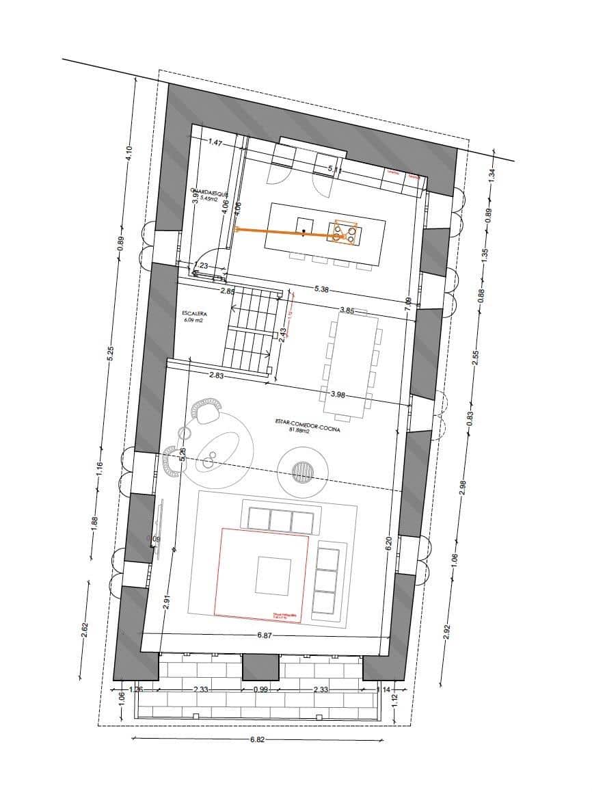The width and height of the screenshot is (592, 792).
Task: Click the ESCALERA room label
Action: (x=194, y=316)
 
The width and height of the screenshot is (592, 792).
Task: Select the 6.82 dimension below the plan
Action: (x=257, y=740)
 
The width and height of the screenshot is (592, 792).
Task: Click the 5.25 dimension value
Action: (x=111, y=353)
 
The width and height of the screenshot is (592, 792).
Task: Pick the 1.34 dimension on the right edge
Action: (x=490, y=174)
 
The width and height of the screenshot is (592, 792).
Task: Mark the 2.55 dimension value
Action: (x=476, y=358)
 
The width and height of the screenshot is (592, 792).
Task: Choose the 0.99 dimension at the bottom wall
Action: (x=261, y=689)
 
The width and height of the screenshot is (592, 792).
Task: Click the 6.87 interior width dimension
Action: (x=265, y=635)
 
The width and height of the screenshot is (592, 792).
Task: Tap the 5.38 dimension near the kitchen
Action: (x=322, y=289)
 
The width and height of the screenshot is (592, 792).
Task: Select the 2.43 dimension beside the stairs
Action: (x=283, y=333)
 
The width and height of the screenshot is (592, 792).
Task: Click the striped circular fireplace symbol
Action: (x=303, y=471)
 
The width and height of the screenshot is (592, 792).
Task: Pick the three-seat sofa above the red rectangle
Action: (x=281, y=520)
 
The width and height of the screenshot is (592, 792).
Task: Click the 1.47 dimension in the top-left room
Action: (x=216, y=143)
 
